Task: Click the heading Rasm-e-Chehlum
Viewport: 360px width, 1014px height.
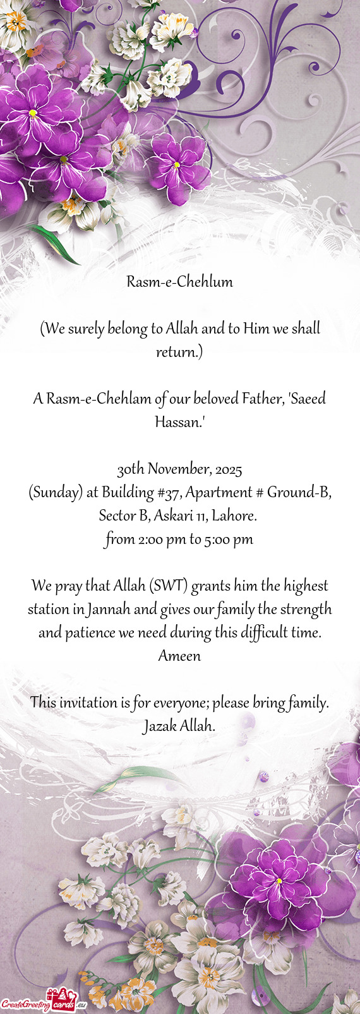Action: coord(179,282)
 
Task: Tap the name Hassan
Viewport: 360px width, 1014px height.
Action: coord(178,422)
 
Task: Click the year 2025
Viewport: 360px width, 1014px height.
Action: coord(228,469)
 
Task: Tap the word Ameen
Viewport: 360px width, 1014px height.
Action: coord(179,656)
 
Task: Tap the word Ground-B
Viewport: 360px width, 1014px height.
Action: coord(296,493)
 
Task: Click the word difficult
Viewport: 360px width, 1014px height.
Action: coord(264,633)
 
